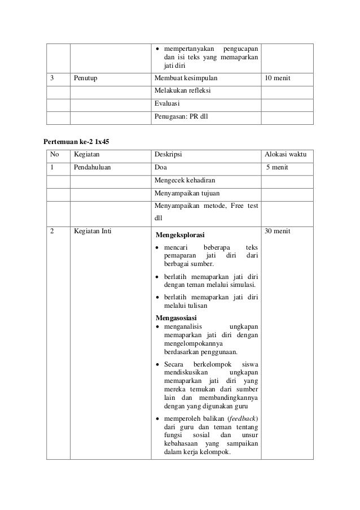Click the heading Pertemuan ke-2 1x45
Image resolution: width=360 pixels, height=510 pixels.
pos(77,140)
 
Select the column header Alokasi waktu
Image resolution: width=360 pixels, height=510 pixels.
pos(285,154)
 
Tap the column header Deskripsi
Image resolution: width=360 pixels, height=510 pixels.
pos(168,154)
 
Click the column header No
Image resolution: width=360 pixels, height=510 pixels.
pos(54,154)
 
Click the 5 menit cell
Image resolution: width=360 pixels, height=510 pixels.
pos(277,168)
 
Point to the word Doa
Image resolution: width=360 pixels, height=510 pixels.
pos(160,168)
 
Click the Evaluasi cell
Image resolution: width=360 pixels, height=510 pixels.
pos(166,104)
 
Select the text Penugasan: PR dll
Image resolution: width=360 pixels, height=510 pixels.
pos(181,117)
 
